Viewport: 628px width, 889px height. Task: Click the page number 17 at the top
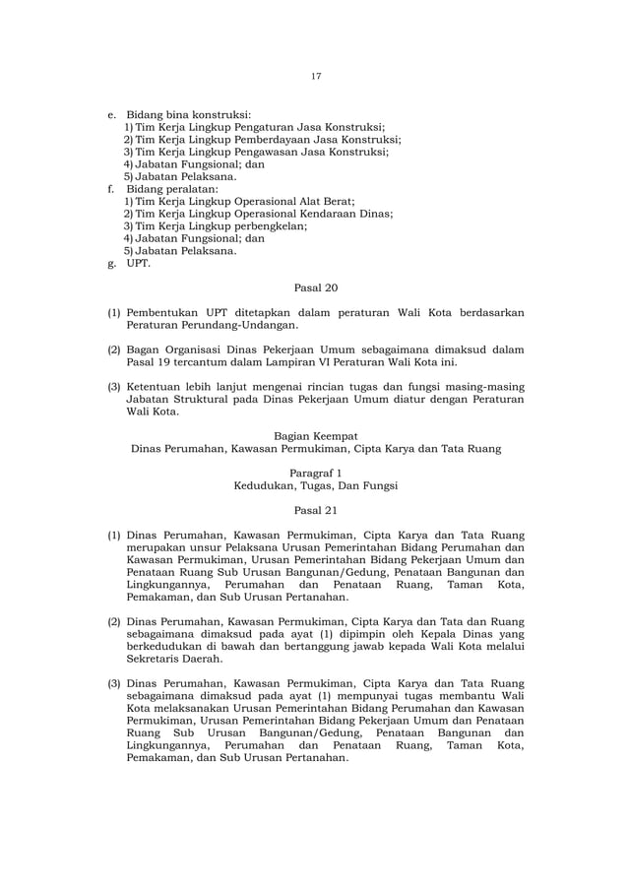pyautogui.click(x=316, y=76)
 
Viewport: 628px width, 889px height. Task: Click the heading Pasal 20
pyautogui.click(x=315, y=288)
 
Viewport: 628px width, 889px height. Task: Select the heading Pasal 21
pyautogui.click(x=315, y=511)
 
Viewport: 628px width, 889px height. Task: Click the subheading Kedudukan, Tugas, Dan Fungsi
pyautogui.click(x=315, y=486)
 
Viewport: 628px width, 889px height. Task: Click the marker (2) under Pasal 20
pyautogui.click(x=114, y=349)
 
